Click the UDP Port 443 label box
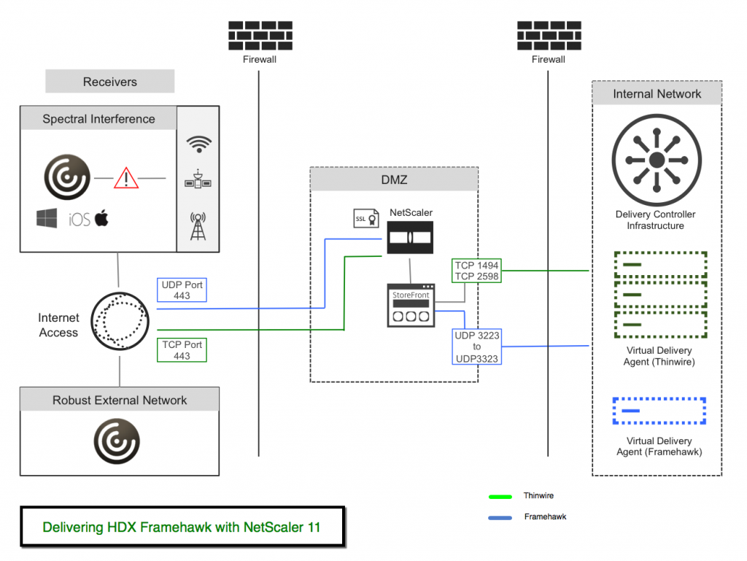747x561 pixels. pos(182,290)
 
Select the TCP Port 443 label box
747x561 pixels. pos(182,350)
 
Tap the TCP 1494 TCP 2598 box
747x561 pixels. pos(476,271)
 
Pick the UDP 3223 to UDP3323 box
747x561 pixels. pos(476,347)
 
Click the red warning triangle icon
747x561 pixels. pos(126,177)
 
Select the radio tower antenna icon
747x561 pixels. pos(198,225)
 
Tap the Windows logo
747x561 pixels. pos(47,218)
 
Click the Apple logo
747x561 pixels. pos(101,217)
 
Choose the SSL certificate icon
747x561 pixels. pos(365,218)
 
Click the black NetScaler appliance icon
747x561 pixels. pos(410,238)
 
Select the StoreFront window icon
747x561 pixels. pos(411,306)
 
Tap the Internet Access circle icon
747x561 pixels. pos(120,321)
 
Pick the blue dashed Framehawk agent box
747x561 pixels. pos(659,411)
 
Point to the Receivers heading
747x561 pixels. pos(110,82)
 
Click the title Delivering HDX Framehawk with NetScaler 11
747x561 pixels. pos(181,527)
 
